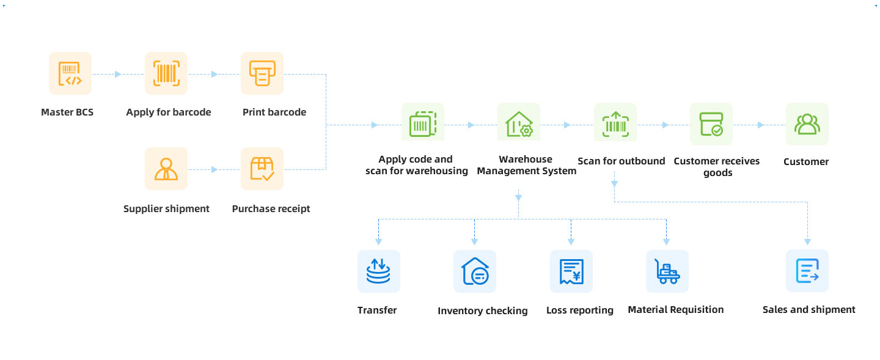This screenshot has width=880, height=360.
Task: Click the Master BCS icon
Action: (x=70, y=73)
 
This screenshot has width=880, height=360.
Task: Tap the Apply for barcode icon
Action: (x=166, y=73)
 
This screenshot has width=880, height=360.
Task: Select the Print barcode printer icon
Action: (x=262, y=73)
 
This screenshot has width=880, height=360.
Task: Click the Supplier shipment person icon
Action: (x=166, y=169)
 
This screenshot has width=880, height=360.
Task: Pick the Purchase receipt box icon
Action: (x=262, y=169)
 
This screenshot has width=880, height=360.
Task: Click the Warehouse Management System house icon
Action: (x=519, y=124)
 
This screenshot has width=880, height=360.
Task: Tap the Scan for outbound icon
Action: (x=615, y=124)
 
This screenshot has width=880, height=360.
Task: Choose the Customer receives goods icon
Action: (x=711, y=124)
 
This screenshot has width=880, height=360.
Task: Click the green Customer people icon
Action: (x=807, y=124)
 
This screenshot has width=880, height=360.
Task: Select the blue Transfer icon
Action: (x=379, y=271)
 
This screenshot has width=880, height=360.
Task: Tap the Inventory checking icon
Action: (x=475, y=271)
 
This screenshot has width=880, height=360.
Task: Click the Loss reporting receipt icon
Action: (x=571, y=271)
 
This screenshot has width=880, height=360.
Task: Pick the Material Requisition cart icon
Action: (x=667, y=271)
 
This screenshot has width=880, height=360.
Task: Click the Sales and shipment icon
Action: (x=807, y=271)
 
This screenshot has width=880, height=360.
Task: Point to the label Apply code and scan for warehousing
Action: (x=417, y=165)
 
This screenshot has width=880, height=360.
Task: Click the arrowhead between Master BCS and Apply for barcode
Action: (x=118, y=75)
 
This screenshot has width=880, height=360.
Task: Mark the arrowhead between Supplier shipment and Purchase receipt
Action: (x=214, y=169)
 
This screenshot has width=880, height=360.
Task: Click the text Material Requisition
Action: (x=675, y=310)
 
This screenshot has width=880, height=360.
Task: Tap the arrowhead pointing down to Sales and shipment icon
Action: (x=807, y=241)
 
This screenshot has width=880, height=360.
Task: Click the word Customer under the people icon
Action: (x=806, y=162)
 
